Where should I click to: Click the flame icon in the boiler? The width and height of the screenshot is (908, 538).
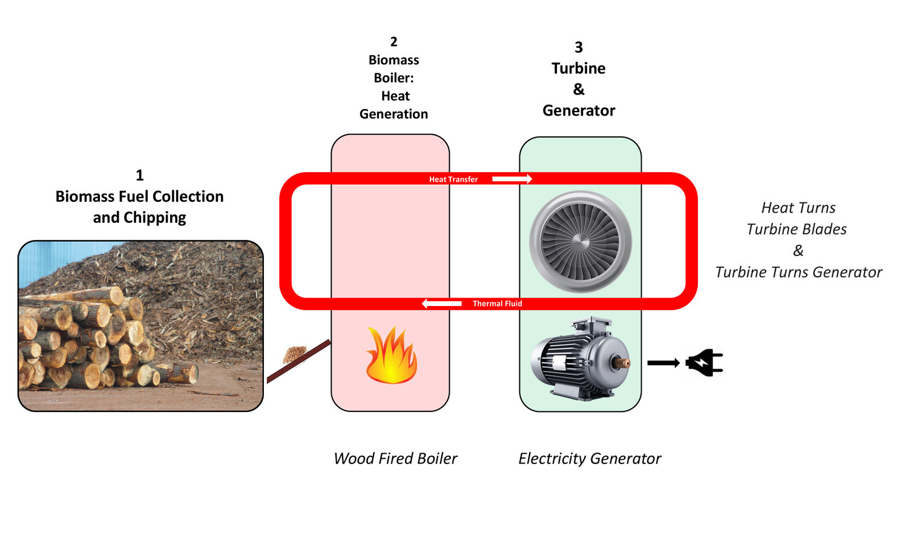click(x=391, y=356)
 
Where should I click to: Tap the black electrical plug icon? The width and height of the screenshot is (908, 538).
click(x=704, y=364)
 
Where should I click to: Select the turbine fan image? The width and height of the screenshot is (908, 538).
click(x=581, y=242)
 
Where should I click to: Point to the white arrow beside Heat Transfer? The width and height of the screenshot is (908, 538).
click(x=512, y=179)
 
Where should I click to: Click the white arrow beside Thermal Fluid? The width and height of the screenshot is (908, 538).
click(x=442, y=304)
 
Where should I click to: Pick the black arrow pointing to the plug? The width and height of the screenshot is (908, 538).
click(x=663, y=363)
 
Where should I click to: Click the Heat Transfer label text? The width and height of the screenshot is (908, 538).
click(x=453, y=179)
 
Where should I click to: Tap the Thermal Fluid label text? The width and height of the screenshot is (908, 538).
click(x=497, y=304)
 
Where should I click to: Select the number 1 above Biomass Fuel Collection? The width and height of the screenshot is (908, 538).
click(x=140, y=175)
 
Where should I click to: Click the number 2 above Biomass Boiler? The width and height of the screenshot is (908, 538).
click(x=394, y=42)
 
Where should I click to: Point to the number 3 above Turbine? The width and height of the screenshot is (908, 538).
click(x=579, y=47)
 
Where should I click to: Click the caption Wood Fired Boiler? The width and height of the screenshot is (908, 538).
click(x=395, y=459)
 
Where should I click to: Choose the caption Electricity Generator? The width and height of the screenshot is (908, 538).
click(x=590, y=459)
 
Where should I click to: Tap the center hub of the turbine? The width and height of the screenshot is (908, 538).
click(x=581, y=243)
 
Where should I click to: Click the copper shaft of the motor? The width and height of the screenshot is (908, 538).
click(x=622, y=363)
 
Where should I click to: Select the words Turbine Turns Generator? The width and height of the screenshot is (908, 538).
click(x=798, y=272)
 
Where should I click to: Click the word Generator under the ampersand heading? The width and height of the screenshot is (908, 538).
click(x=579, y=110)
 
